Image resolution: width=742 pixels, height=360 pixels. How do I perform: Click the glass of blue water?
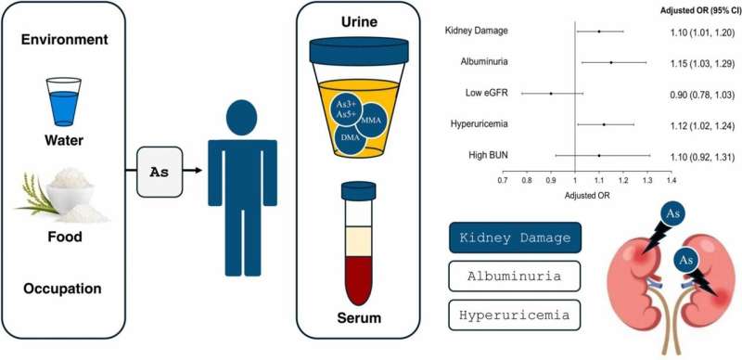pos(63,102)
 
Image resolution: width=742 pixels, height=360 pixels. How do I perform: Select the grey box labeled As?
pos(160,172)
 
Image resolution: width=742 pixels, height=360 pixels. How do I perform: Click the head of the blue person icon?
pos(242,118)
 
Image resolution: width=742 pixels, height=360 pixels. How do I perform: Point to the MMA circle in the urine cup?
pos(369,121)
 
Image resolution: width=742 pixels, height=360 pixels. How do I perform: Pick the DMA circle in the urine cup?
pos(351,138)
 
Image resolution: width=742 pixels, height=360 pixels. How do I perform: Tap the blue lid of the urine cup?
pos(359,51)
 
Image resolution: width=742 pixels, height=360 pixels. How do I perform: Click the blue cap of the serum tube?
pos(358,191)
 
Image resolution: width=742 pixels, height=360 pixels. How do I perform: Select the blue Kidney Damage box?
pos(515,238)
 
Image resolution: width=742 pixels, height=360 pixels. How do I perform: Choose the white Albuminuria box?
pos(515,276)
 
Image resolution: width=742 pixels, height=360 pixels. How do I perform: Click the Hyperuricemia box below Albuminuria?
pos(515,315)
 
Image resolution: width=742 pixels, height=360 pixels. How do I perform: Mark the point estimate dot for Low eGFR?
pos(551,94)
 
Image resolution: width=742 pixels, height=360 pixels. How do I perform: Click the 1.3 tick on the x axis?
pos(646,172)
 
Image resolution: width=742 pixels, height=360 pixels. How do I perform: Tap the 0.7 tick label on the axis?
pos(502,180)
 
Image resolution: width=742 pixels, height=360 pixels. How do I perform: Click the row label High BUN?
pos(489,155)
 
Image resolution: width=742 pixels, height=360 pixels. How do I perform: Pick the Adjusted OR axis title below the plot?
pos(587,195)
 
